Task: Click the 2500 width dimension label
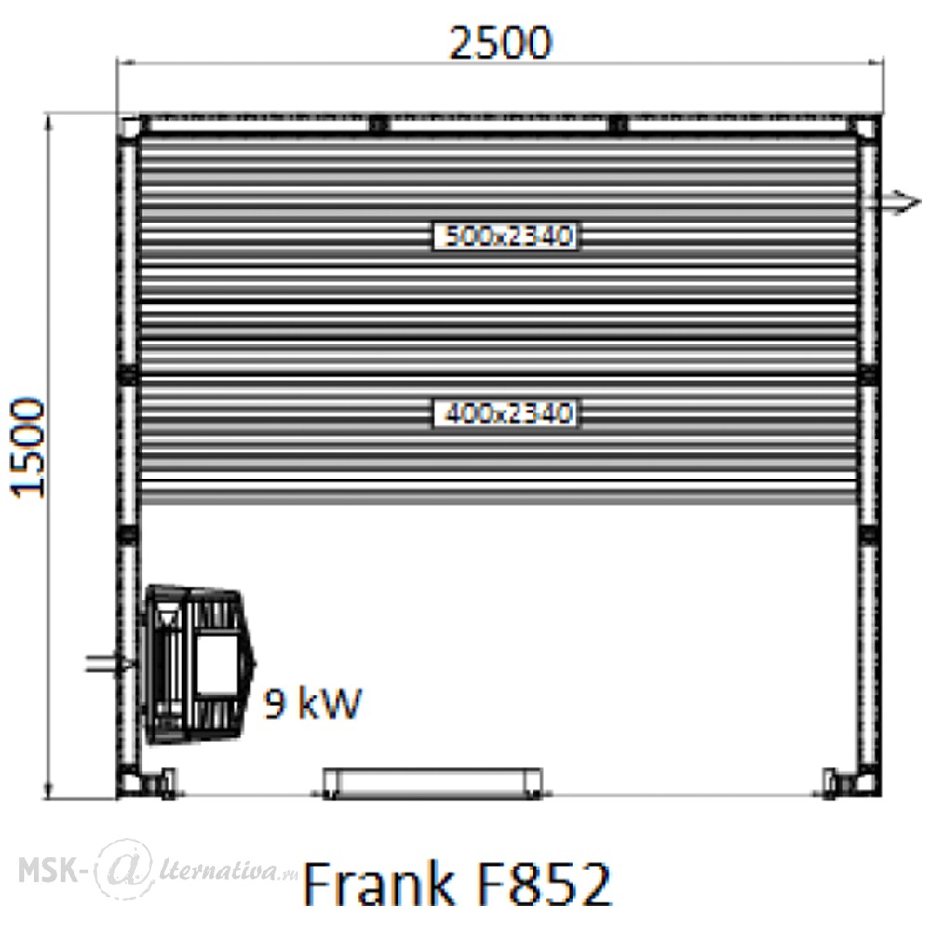[x=500, y=43]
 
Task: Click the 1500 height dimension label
[x=29, y=449]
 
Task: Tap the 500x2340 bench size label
[x=506, y=236]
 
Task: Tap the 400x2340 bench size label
[x=506, y=413]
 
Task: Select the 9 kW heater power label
[x=312, y=703]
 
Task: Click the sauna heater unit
[x=198, y=665]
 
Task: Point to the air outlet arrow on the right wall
[x=893, y=202]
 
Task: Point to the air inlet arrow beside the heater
[x=111, y=663]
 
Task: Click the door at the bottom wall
[x=432, y=783]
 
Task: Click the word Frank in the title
[x=378, y=883]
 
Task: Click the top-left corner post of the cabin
[x=130, y=126]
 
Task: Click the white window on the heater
[x=217, y=665]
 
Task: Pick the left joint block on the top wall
[x=378, y=124]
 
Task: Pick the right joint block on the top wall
[x=618, y=124]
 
